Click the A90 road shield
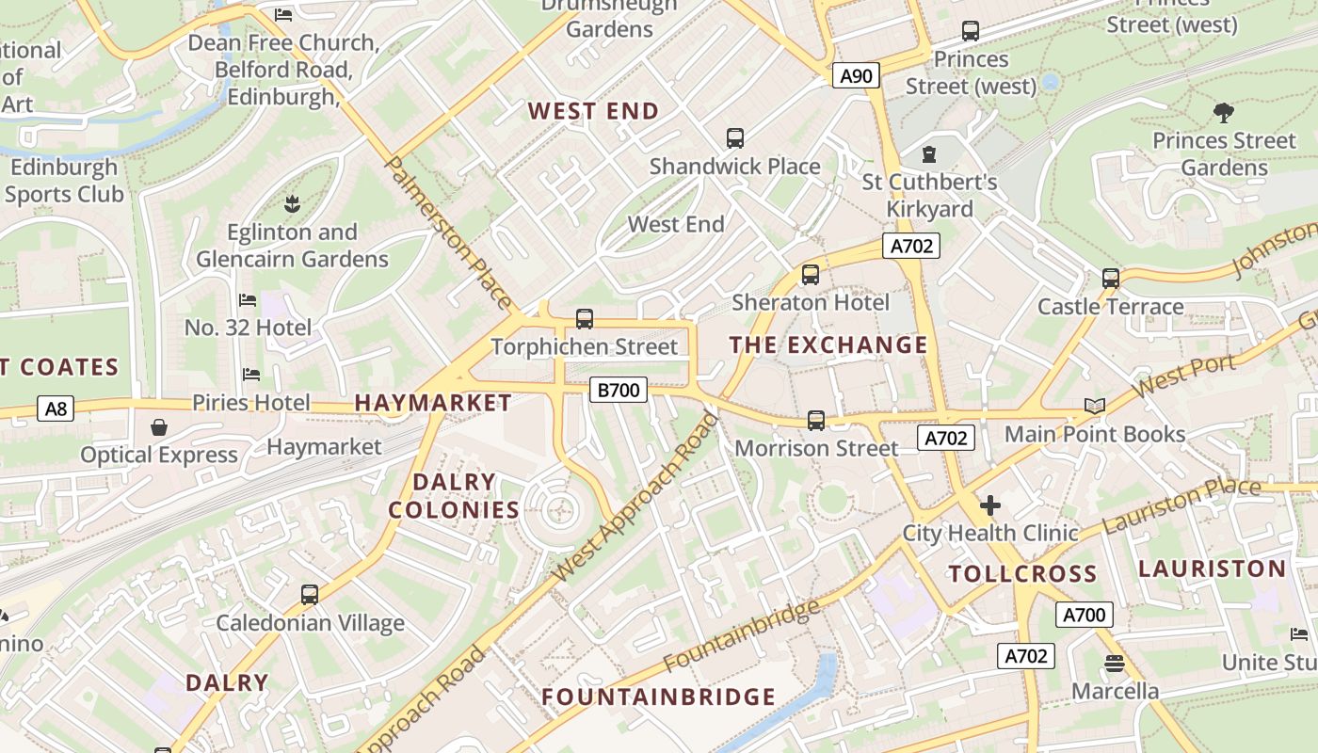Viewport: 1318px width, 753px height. tap(856, 75)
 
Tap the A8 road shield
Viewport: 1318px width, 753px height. tap(56, 409)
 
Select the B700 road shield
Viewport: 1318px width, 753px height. tap(619, 390)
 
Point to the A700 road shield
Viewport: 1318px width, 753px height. tap(1084, 616)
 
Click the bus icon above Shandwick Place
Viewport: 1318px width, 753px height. tap(735, 138)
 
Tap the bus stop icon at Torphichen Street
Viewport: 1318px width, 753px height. tap(585, 319)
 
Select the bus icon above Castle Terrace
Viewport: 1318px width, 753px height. tap(1111, 279)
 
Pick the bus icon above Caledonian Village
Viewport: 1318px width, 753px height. tap(310, 595)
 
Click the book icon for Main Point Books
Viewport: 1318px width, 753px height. tap(1094, 406)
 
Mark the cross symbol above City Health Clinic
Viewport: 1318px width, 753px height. tap(989, 505)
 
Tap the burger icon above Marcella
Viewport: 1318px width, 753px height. tap(1115, 664)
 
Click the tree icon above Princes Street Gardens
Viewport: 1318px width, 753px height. tap(1224, 113)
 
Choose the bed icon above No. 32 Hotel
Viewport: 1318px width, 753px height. tap(248, 300)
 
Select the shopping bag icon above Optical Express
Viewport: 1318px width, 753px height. tap(159, 427)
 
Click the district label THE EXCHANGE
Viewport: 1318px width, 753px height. tap(828, 345)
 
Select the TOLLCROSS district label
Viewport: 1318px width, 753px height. tap(1022, 574)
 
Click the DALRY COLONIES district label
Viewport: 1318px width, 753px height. tap(454, 496)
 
